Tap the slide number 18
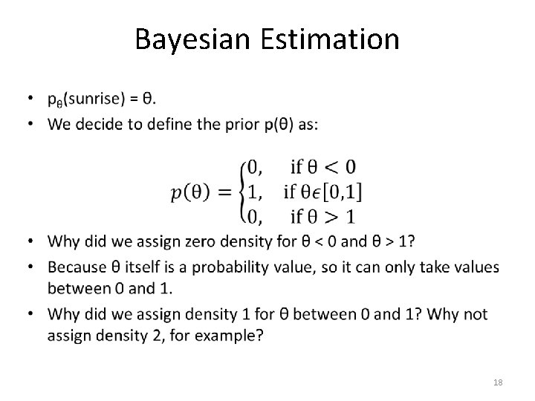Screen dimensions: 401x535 (x=498, y=381)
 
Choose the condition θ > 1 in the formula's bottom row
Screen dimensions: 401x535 (x=333, y=217)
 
